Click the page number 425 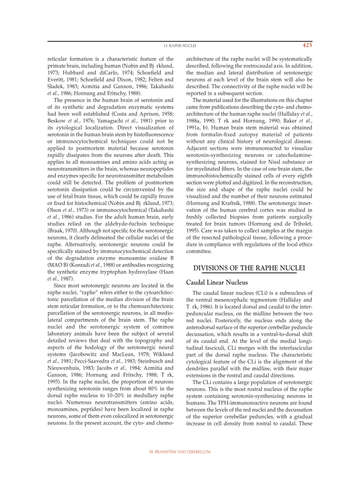click(x=307, y=45)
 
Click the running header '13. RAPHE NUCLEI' click(x=180, y=45)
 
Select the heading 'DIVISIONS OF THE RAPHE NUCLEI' click(x=249, y=268)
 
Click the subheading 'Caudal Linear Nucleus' click(x=217, y=283)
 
